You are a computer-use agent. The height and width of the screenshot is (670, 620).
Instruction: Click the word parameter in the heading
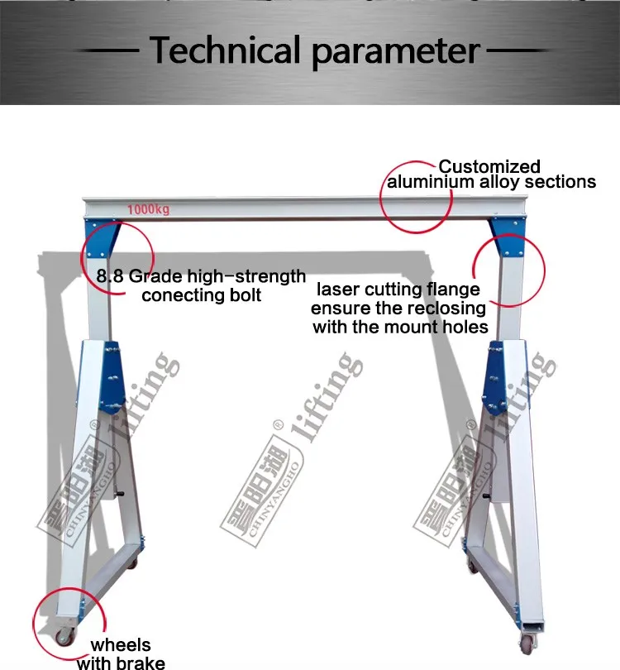pyautogui.click(x=394, y=52)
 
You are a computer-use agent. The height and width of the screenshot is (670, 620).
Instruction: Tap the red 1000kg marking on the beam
pyautogui.click(x=148, y=209)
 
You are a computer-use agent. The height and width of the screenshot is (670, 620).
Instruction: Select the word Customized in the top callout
pyautogui.click(x=489, y=166)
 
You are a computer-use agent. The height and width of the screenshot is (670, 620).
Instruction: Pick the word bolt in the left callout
pyautogui.click(x=244, y=295)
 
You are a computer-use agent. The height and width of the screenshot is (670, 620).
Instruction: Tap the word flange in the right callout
pyautogui.click(x=451, y=290)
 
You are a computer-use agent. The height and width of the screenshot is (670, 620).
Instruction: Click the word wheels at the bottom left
pyautogui.click(x=121, y=645)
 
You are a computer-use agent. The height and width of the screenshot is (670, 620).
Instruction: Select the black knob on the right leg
pyautogui.click(x=488, y=496)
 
